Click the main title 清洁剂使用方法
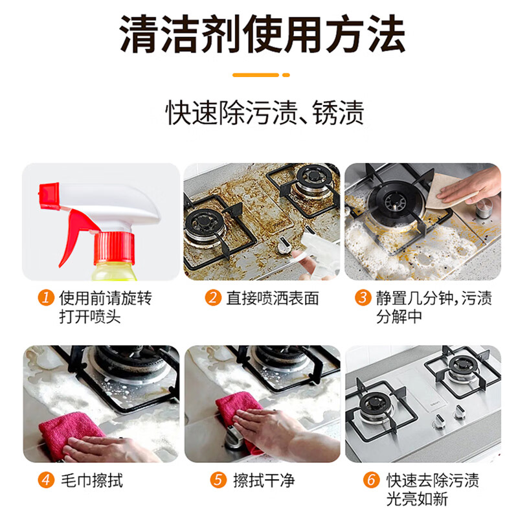click(262, 34)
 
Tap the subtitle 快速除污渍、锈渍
click(265, 113)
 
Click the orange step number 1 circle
click(46, 298)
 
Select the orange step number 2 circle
click(213, 298)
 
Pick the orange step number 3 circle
click(363, 298)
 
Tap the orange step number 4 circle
click(46, 480)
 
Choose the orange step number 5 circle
click(218, 480)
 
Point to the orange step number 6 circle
click(371, 480)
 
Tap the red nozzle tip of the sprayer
click(49, 196)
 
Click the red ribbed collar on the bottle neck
click(114, 248)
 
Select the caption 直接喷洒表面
click(272, 298)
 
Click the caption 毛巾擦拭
click(92, 480)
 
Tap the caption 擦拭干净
click(264, 480)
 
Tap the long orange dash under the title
click(256, 75)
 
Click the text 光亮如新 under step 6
click(417, 499)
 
